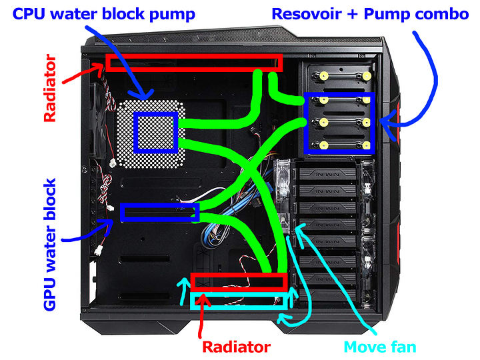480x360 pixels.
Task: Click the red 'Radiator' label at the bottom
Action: [x=236, y=347]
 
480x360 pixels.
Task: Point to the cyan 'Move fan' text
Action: [x=380, y=347]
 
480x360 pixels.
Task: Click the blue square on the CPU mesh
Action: [x=156, y=132]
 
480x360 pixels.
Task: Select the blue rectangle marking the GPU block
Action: [x=160, y=213]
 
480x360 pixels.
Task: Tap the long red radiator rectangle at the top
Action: [x=193, y=63]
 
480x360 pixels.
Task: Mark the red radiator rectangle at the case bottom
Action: [x=238, y=281]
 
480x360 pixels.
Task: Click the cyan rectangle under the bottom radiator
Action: [x=238, y=301]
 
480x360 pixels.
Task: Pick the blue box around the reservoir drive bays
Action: [x=339, y=122]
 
